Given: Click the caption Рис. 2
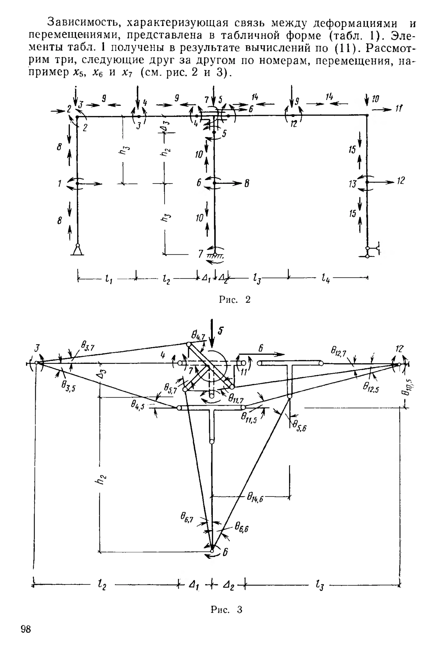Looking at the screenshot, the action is pos(234,299).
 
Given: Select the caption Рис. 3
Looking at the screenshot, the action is pos(226,610).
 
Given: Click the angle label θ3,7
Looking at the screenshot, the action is pos(87,349).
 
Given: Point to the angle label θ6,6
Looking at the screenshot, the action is pos(242,527).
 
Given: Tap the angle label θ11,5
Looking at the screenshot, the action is pos(249,418).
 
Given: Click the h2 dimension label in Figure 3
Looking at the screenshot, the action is pos(103,479).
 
